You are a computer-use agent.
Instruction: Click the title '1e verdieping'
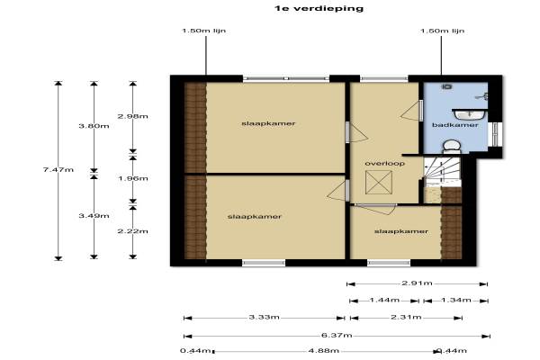[x=319, y=8]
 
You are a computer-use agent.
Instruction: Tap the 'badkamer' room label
[x=454, y=125]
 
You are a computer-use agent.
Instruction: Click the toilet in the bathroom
[x=452, y=147]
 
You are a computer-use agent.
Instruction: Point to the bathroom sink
[x=470, y=114]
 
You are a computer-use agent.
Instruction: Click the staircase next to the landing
[x=442, y=172]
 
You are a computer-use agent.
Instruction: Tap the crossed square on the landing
[x=379, y=182]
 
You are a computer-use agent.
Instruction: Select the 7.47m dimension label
[x=58, y=169]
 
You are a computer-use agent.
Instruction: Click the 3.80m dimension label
[x=94, y=126]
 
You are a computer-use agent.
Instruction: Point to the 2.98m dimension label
[x=132, y=116]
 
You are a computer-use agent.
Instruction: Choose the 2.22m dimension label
[x=132, y=231]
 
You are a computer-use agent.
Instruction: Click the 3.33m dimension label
[x=264, y=317]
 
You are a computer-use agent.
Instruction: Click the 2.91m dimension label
[x=417, y=283]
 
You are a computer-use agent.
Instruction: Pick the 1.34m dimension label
[x=455, y=300]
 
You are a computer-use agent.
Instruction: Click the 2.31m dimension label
[x=406, y=317]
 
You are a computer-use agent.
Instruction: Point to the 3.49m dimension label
[x=94, y=216]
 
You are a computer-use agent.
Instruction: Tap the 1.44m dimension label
[x=384, y=300]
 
